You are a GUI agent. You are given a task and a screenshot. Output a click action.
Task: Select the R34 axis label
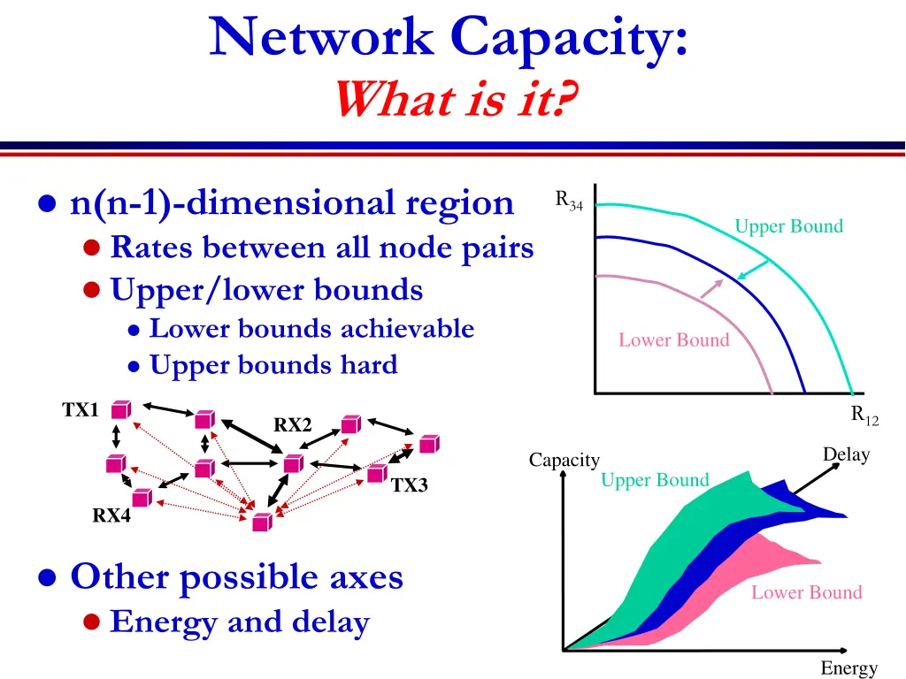[x=569, y=201]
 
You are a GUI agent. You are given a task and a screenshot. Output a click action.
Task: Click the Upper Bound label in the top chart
[x=788, y=226]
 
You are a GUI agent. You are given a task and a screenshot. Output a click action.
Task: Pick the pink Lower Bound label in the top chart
[x=673, y=340]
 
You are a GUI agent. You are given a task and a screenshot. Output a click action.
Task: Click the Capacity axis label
[x=564, y=460]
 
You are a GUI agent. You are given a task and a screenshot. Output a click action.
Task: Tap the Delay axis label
[x=846, y=454]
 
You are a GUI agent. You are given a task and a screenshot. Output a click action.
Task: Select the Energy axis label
[x=848, y=668]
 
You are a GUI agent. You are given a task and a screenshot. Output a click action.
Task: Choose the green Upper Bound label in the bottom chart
[x=655, y=480]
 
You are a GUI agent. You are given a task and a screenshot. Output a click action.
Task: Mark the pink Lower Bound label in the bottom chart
[x=806, y=592]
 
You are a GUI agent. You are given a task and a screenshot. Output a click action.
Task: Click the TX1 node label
[x=80, y=410]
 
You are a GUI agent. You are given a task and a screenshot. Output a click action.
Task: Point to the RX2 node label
[x=292, y=425]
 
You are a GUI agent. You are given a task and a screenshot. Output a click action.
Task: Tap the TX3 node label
[x=409, y=485]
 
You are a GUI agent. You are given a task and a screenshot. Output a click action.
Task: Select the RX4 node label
[x=111, y=515]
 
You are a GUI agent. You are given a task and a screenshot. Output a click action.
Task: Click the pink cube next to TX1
[x=121, y=409]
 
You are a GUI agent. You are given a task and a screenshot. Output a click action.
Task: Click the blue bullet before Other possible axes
[x=49, y=578]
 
